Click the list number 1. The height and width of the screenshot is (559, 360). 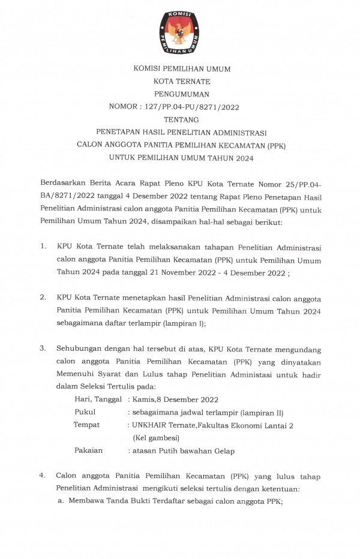pyautogui.click(x=43, y=247)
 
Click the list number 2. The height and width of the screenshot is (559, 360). pyautogui.click(x=43, y=297)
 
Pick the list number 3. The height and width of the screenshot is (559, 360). pyautogui.click(x=43, y=348)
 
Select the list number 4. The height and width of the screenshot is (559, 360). pyautogui.click(x=43, y=476)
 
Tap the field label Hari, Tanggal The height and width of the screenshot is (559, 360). pyautogui.click(x=98, y=399)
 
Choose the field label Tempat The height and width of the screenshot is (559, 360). pyautogui.click(x=86, y=425)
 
